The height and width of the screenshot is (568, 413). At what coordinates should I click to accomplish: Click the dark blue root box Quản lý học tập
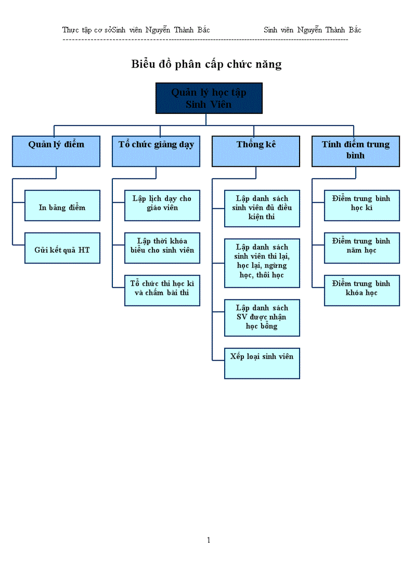tap(209, 98)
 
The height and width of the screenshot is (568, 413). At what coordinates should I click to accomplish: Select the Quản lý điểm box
tap(56, 151)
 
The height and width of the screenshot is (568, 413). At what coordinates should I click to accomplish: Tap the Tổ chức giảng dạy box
tap(156, 151)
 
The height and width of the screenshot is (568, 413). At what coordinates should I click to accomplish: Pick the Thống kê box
tap(256, 151)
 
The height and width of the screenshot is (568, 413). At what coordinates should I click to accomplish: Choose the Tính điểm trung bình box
tap(355, 151)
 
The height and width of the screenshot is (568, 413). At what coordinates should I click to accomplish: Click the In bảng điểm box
tap(62, 205)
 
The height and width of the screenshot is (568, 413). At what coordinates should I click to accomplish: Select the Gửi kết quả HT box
tap(62, 248)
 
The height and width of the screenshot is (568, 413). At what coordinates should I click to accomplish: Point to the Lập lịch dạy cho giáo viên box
tap(162, 205)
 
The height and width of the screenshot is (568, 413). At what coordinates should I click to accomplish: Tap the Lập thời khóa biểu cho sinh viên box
tap(162, 248)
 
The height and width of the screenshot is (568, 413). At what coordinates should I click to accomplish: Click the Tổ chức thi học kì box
tap(162, 290)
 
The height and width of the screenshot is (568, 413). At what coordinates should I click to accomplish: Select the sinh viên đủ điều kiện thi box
tap(262, 208)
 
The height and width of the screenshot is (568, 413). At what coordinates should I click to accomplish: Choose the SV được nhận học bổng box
tap(262, 318)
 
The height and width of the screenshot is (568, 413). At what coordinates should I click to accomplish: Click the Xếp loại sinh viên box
tap(262, 363)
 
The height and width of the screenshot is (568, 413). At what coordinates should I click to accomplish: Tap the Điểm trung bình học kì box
tap(361, 205)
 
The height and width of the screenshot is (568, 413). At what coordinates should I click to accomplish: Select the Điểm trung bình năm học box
tap(361, 248)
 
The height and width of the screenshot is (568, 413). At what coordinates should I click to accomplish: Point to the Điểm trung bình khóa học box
tap(361, 290)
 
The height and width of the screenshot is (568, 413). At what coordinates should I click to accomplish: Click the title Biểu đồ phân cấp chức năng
tap(206, 64)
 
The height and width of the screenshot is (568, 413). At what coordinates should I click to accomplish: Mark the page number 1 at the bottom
tap(209, 540)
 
